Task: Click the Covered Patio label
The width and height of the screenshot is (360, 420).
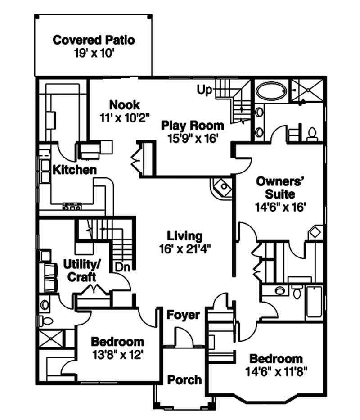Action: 94,40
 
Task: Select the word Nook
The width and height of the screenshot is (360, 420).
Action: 125,105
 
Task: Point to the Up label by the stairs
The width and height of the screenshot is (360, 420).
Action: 204,90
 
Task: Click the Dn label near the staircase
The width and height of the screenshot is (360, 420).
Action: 122,266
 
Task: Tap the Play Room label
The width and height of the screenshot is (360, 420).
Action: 193,125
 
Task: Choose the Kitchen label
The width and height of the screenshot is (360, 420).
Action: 75,170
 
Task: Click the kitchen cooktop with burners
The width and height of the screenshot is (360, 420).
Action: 72,207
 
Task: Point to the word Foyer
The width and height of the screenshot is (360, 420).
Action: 183,315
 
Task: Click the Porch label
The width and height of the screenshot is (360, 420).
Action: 184,379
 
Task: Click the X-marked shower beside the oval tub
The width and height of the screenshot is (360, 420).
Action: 306,91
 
